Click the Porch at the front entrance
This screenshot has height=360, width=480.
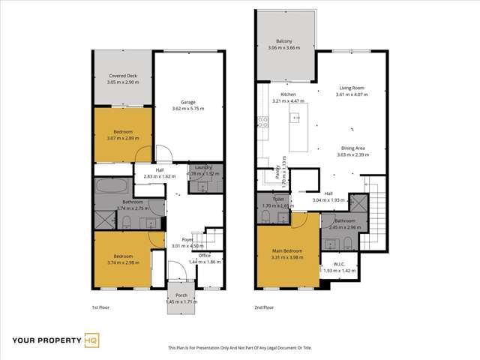click(x=181, y=295)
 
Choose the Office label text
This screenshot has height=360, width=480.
click(x=203, y=256)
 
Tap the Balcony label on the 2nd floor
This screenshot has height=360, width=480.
click(x=284, y=42)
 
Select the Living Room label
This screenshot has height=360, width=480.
click(x=352, y=89)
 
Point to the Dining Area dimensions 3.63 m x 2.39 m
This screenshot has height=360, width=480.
click(x=352, y=154)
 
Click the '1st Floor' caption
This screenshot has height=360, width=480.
click(x=101, y=307)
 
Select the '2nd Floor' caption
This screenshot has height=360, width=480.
click(x=264, y=307)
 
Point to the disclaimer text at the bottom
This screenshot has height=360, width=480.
click(x=239, y=347)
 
